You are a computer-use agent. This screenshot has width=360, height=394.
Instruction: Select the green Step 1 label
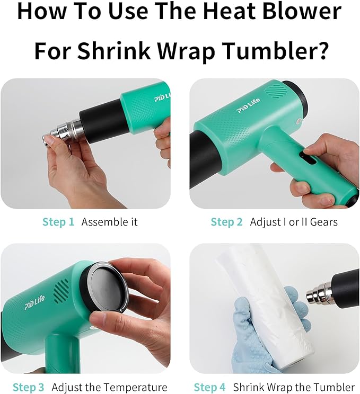[x=58, y=222]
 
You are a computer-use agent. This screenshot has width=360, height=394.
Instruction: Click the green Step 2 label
[x=227, y=222]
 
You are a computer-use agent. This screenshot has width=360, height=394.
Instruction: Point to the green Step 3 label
[x=28, y=387]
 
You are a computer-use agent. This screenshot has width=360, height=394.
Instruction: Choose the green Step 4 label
[x=209, y=387]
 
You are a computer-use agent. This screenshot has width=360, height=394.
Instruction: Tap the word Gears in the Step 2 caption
[x=324, y=222]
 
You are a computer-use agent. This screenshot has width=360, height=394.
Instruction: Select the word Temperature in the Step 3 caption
[x=135, y=387]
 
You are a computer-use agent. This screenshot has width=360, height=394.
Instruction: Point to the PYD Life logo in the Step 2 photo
[x=248, y=105]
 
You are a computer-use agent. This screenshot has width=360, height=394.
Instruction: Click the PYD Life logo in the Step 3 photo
[x=34, y=303]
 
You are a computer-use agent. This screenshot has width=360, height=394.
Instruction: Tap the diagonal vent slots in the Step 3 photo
[x=61, y=291]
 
